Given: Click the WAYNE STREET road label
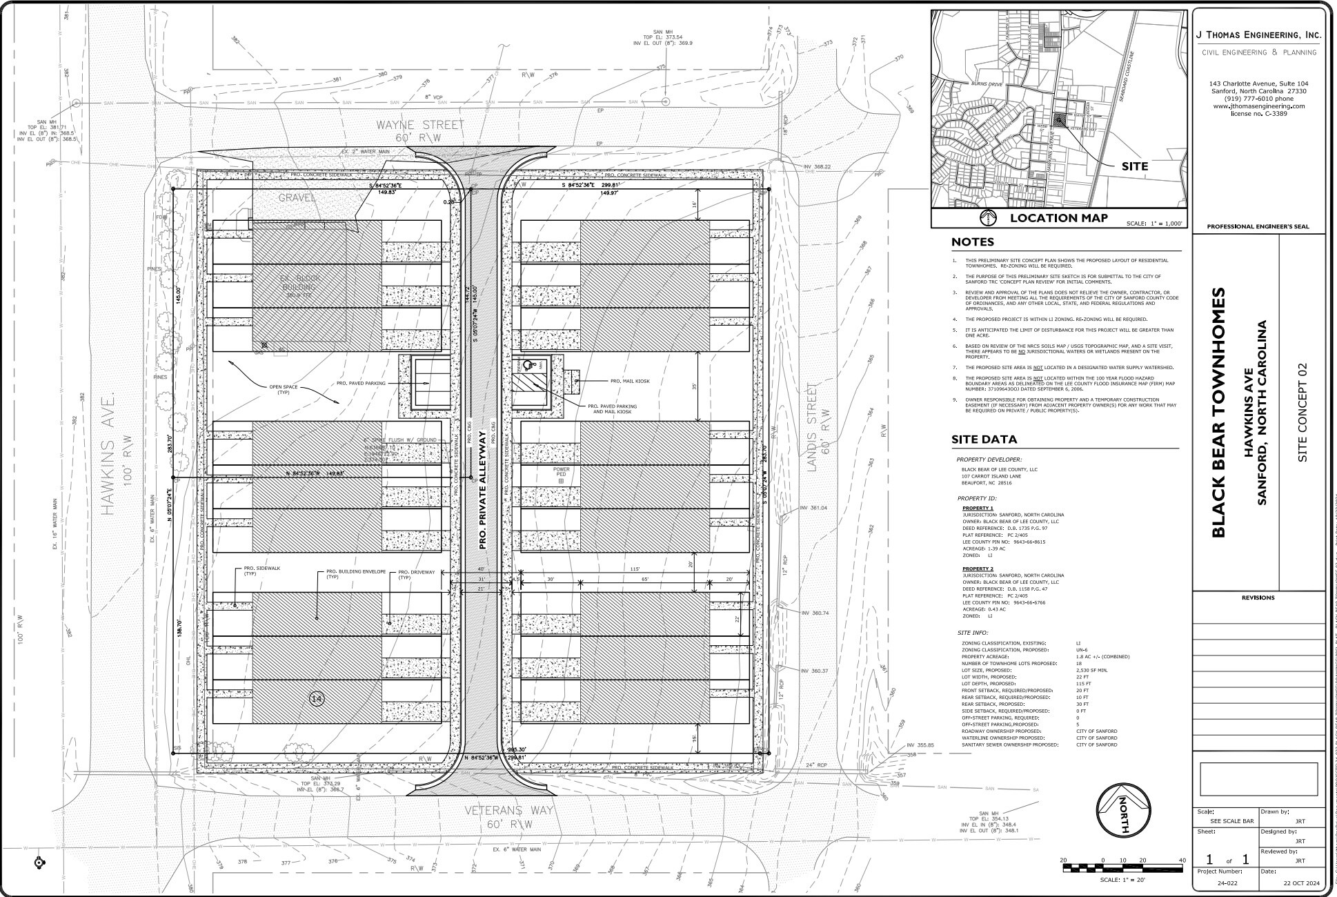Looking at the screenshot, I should click(419, 125).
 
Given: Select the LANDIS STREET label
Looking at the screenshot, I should click(812, 428).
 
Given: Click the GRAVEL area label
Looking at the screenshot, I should click(297, 198).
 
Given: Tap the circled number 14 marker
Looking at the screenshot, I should click(317, 700).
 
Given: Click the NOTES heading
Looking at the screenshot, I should click(973, 242).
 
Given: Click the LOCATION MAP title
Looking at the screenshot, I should click(1058, 218).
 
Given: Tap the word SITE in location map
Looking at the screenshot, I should click(1134, 166).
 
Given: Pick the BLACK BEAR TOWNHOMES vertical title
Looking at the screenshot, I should click(1219, 413).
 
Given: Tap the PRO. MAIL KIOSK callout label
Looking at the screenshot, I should click(630, 381).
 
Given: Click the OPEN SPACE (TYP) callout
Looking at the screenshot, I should click(284, 389).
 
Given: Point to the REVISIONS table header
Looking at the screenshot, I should click(1258, 598).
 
